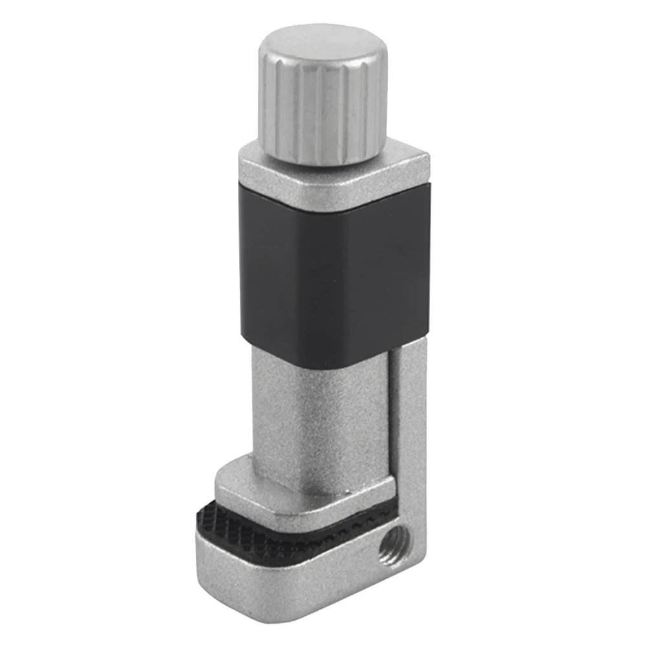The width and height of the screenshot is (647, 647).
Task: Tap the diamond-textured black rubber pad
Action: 220,517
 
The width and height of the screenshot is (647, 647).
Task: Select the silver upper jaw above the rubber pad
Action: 304,491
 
